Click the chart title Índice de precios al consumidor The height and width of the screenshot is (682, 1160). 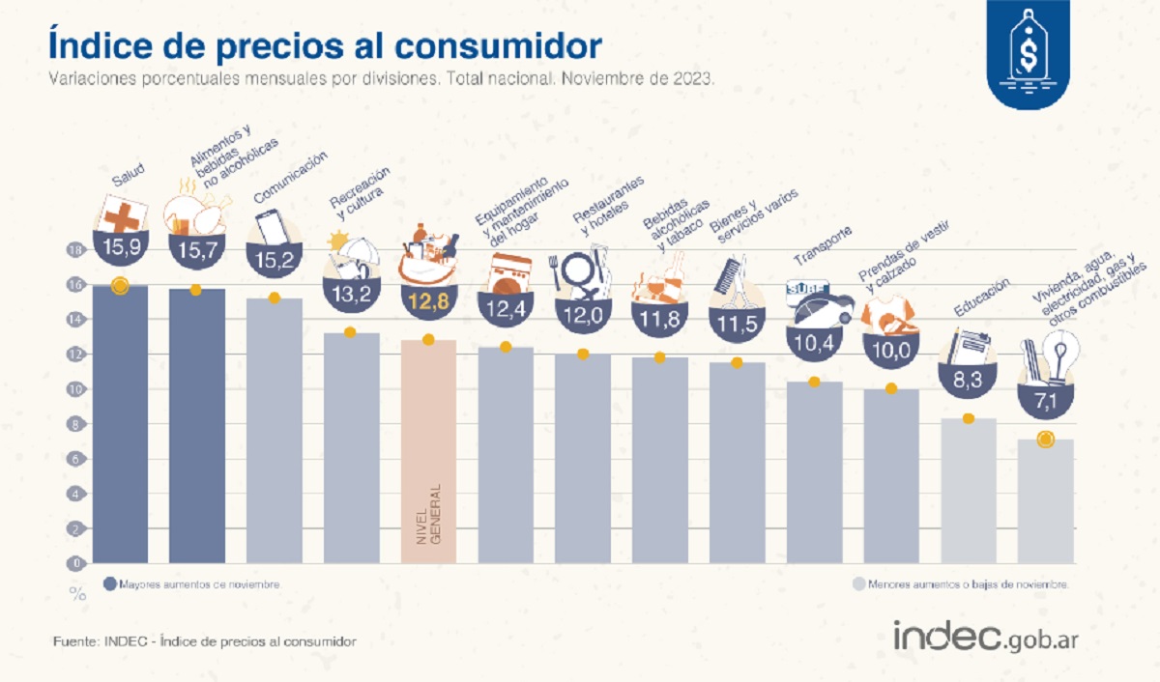point(325,46)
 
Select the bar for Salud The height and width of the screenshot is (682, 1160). point(120,425)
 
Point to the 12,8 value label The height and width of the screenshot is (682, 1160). point(428,302)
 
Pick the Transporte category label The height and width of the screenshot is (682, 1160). point(824,245)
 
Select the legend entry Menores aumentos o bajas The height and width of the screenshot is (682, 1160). point(961,584)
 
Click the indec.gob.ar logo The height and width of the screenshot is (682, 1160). point(986,637)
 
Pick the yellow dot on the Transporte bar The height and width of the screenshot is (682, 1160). point(814,382)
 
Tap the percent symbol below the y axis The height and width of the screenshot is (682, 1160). point(77,594)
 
